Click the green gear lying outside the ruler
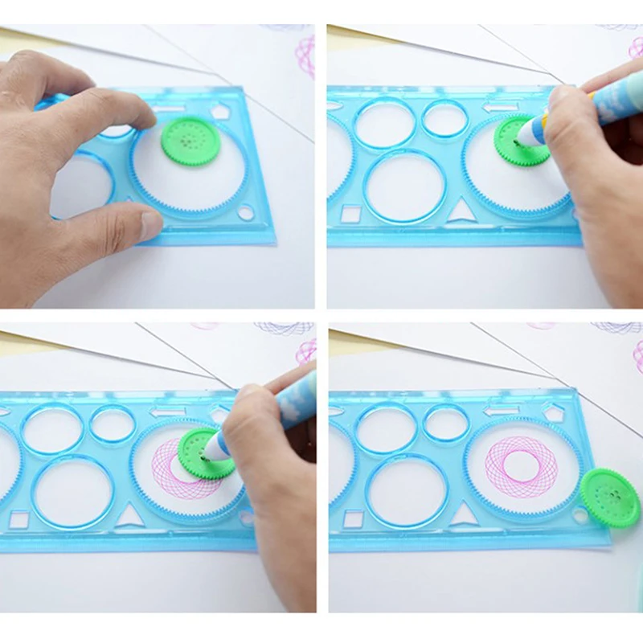(610, 497)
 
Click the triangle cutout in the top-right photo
(461, 212)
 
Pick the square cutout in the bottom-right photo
(353, 518)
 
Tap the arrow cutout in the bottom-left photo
(167, 412)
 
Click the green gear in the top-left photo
(190, 141)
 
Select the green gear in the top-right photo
(519, 140)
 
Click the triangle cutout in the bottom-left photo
(129, 514)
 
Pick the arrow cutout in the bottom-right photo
(501, 410)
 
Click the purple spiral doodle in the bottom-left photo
(283, 328)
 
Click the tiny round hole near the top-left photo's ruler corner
(246, 212)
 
